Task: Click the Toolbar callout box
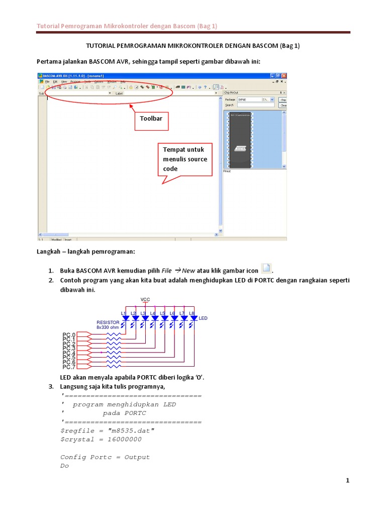[x=151, y=121]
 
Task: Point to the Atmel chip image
[x=240, y=140]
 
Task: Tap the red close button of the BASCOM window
[x=284, y=75]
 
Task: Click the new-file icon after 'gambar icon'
[x=266, y=269]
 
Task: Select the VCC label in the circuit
[x=145, y=299]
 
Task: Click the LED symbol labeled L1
[x=125, y=319]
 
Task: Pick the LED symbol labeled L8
[x=193, y=319]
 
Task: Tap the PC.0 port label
[x=69, y=334]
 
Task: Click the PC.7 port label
[x=69, y=367]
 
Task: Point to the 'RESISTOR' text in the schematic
[x=108, y=322]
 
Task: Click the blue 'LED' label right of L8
[x=203, y=318]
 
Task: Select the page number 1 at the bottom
[x=347, y=481]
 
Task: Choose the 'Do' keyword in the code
[x=64, y=466]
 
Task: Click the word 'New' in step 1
[x=188, y=270]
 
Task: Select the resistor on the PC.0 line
[x=114, y=334]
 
